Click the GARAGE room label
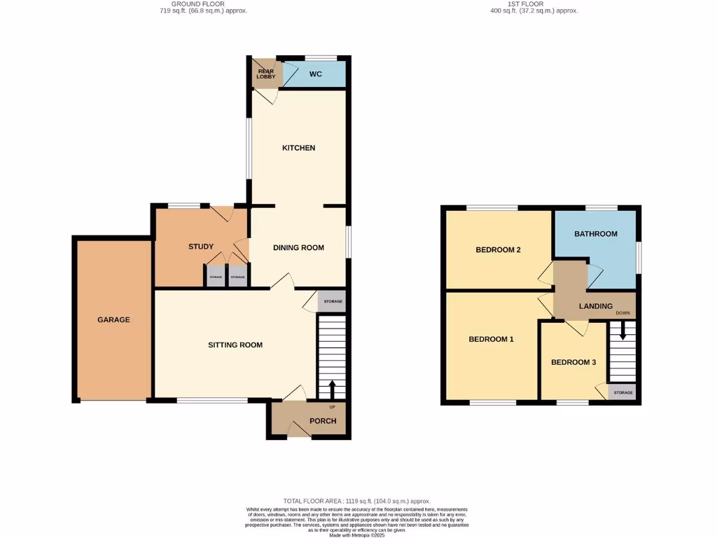tap(113, 319)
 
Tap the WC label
tap(315, 74)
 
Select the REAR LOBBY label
tap(265, 74)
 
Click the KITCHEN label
tap(299, 148)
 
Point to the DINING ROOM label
tap(299, 247)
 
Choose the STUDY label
tap(201, 247)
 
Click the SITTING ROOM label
tap(235, 345)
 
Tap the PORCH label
tap(323, 421)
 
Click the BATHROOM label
tap(596, 234)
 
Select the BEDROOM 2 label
tap(498, 249)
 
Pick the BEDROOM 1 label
tap(491, 339)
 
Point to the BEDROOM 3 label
tap(573, 362)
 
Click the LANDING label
tap(596, 306)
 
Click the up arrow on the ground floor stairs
tap(332, 388)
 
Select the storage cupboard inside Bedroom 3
tap(622, 392)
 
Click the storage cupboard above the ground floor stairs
tap(333, 301)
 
